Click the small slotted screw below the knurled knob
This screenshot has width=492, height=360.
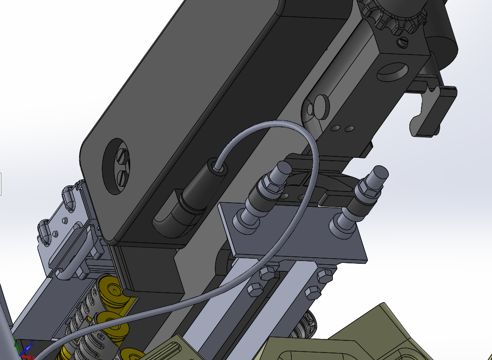point(404,42)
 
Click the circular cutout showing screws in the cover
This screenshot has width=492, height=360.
point(116,166)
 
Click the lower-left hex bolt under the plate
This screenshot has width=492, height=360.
point(254,289)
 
